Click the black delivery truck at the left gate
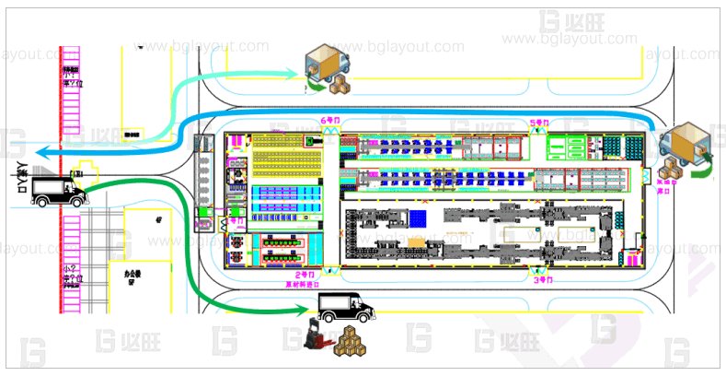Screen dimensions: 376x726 [x=57, y=190]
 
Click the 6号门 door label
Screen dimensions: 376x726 [x=328, y=122]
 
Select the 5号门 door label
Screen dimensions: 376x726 [x=538, y=122]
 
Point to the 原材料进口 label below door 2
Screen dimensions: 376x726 [x=303, y=285]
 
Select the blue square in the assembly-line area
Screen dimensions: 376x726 [x=419, y=217]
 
